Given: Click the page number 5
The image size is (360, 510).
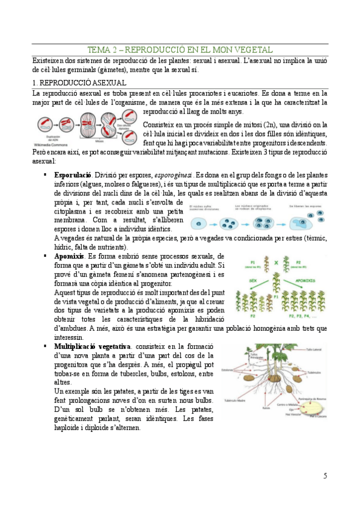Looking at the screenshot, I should (325, 476).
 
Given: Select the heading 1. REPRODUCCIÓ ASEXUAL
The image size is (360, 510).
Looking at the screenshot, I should (79, 82).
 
